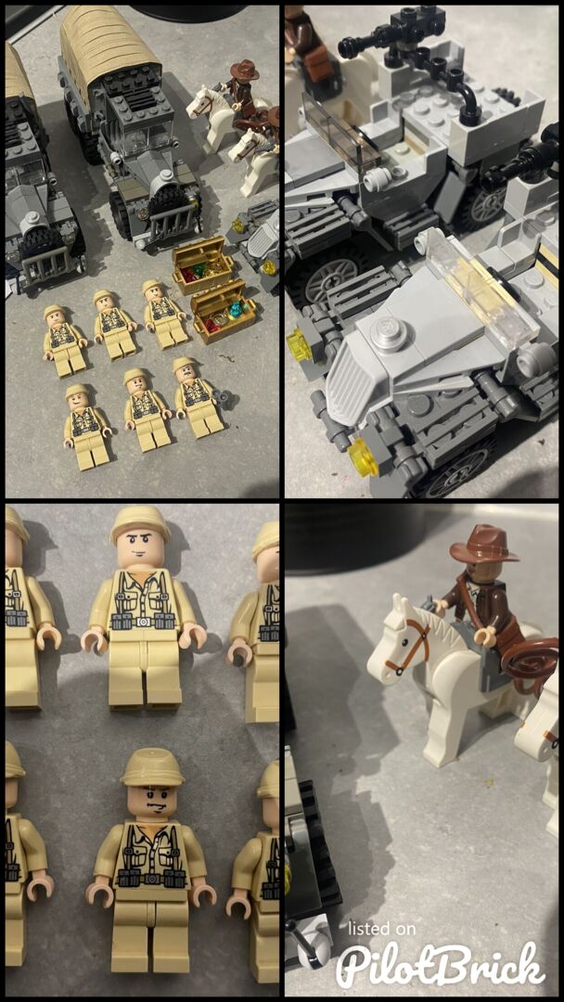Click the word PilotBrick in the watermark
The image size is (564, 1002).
pyautogui.click(x=441, y=963)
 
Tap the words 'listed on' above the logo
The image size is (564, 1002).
pyautogui.click(x=380, y=929)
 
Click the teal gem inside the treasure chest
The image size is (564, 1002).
pyautogui.click(x=238, y=309)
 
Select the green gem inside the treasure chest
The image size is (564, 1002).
pyautogui.click(x=200, y=268)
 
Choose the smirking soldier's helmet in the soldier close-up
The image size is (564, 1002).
pyautogui.click(x=140, y=522)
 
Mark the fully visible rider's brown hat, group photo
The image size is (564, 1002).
pyautogui.click(x=245, y=71)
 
